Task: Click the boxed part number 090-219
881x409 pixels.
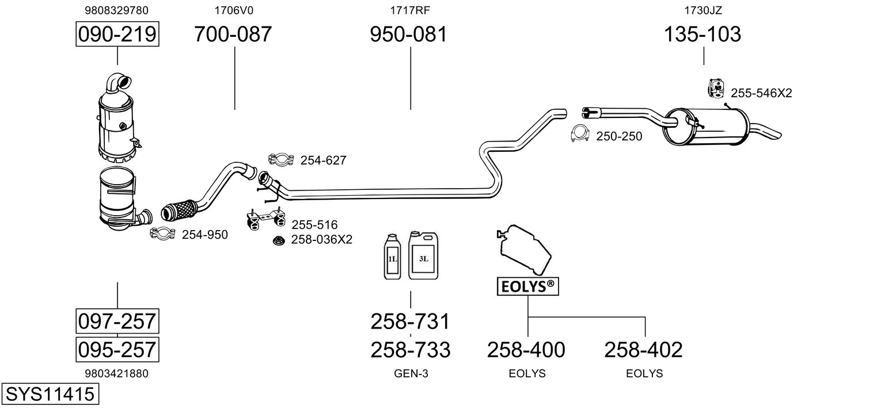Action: pyautogui.click(x=117, y=35)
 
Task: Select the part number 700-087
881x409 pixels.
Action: pyautogui.click(x=233, y=35)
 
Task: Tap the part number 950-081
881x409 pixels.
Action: pyautogui.click(x=408, y=35)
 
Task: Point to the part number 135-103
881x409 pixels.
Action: pyautogui.click(x=702, y=35)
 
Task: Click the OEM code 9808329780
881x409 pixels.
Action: pyautogui.click(x=116, y=10)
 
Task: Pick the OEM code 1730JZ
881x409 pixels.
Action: pyautogui.click(x=702, y=10)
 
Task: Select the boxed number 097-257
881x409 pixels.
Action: pyautogui.click(x=117, y=320)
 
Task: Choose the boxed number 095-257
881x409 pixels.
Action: pyautogui.click(x=117, y=349)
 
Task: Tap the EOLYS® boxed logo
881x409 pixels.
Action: pyautogui.click(x=527, y=286)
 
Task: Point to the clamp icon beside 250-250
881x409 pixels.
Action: pyautogui.click(x=580, y=133)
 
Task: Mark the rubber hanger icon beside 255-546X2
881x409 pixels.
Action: pyautogui.click(x=716, y=87)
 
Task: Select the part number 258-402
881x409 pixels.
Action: pyautogui.click(x=643, y=349)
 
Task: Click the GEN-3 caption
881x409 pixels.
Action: pyautogui.click(x=411, y=373)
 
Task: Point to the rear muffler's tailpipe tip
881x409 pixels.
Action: pyautogui.click(x=772, y=133)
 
